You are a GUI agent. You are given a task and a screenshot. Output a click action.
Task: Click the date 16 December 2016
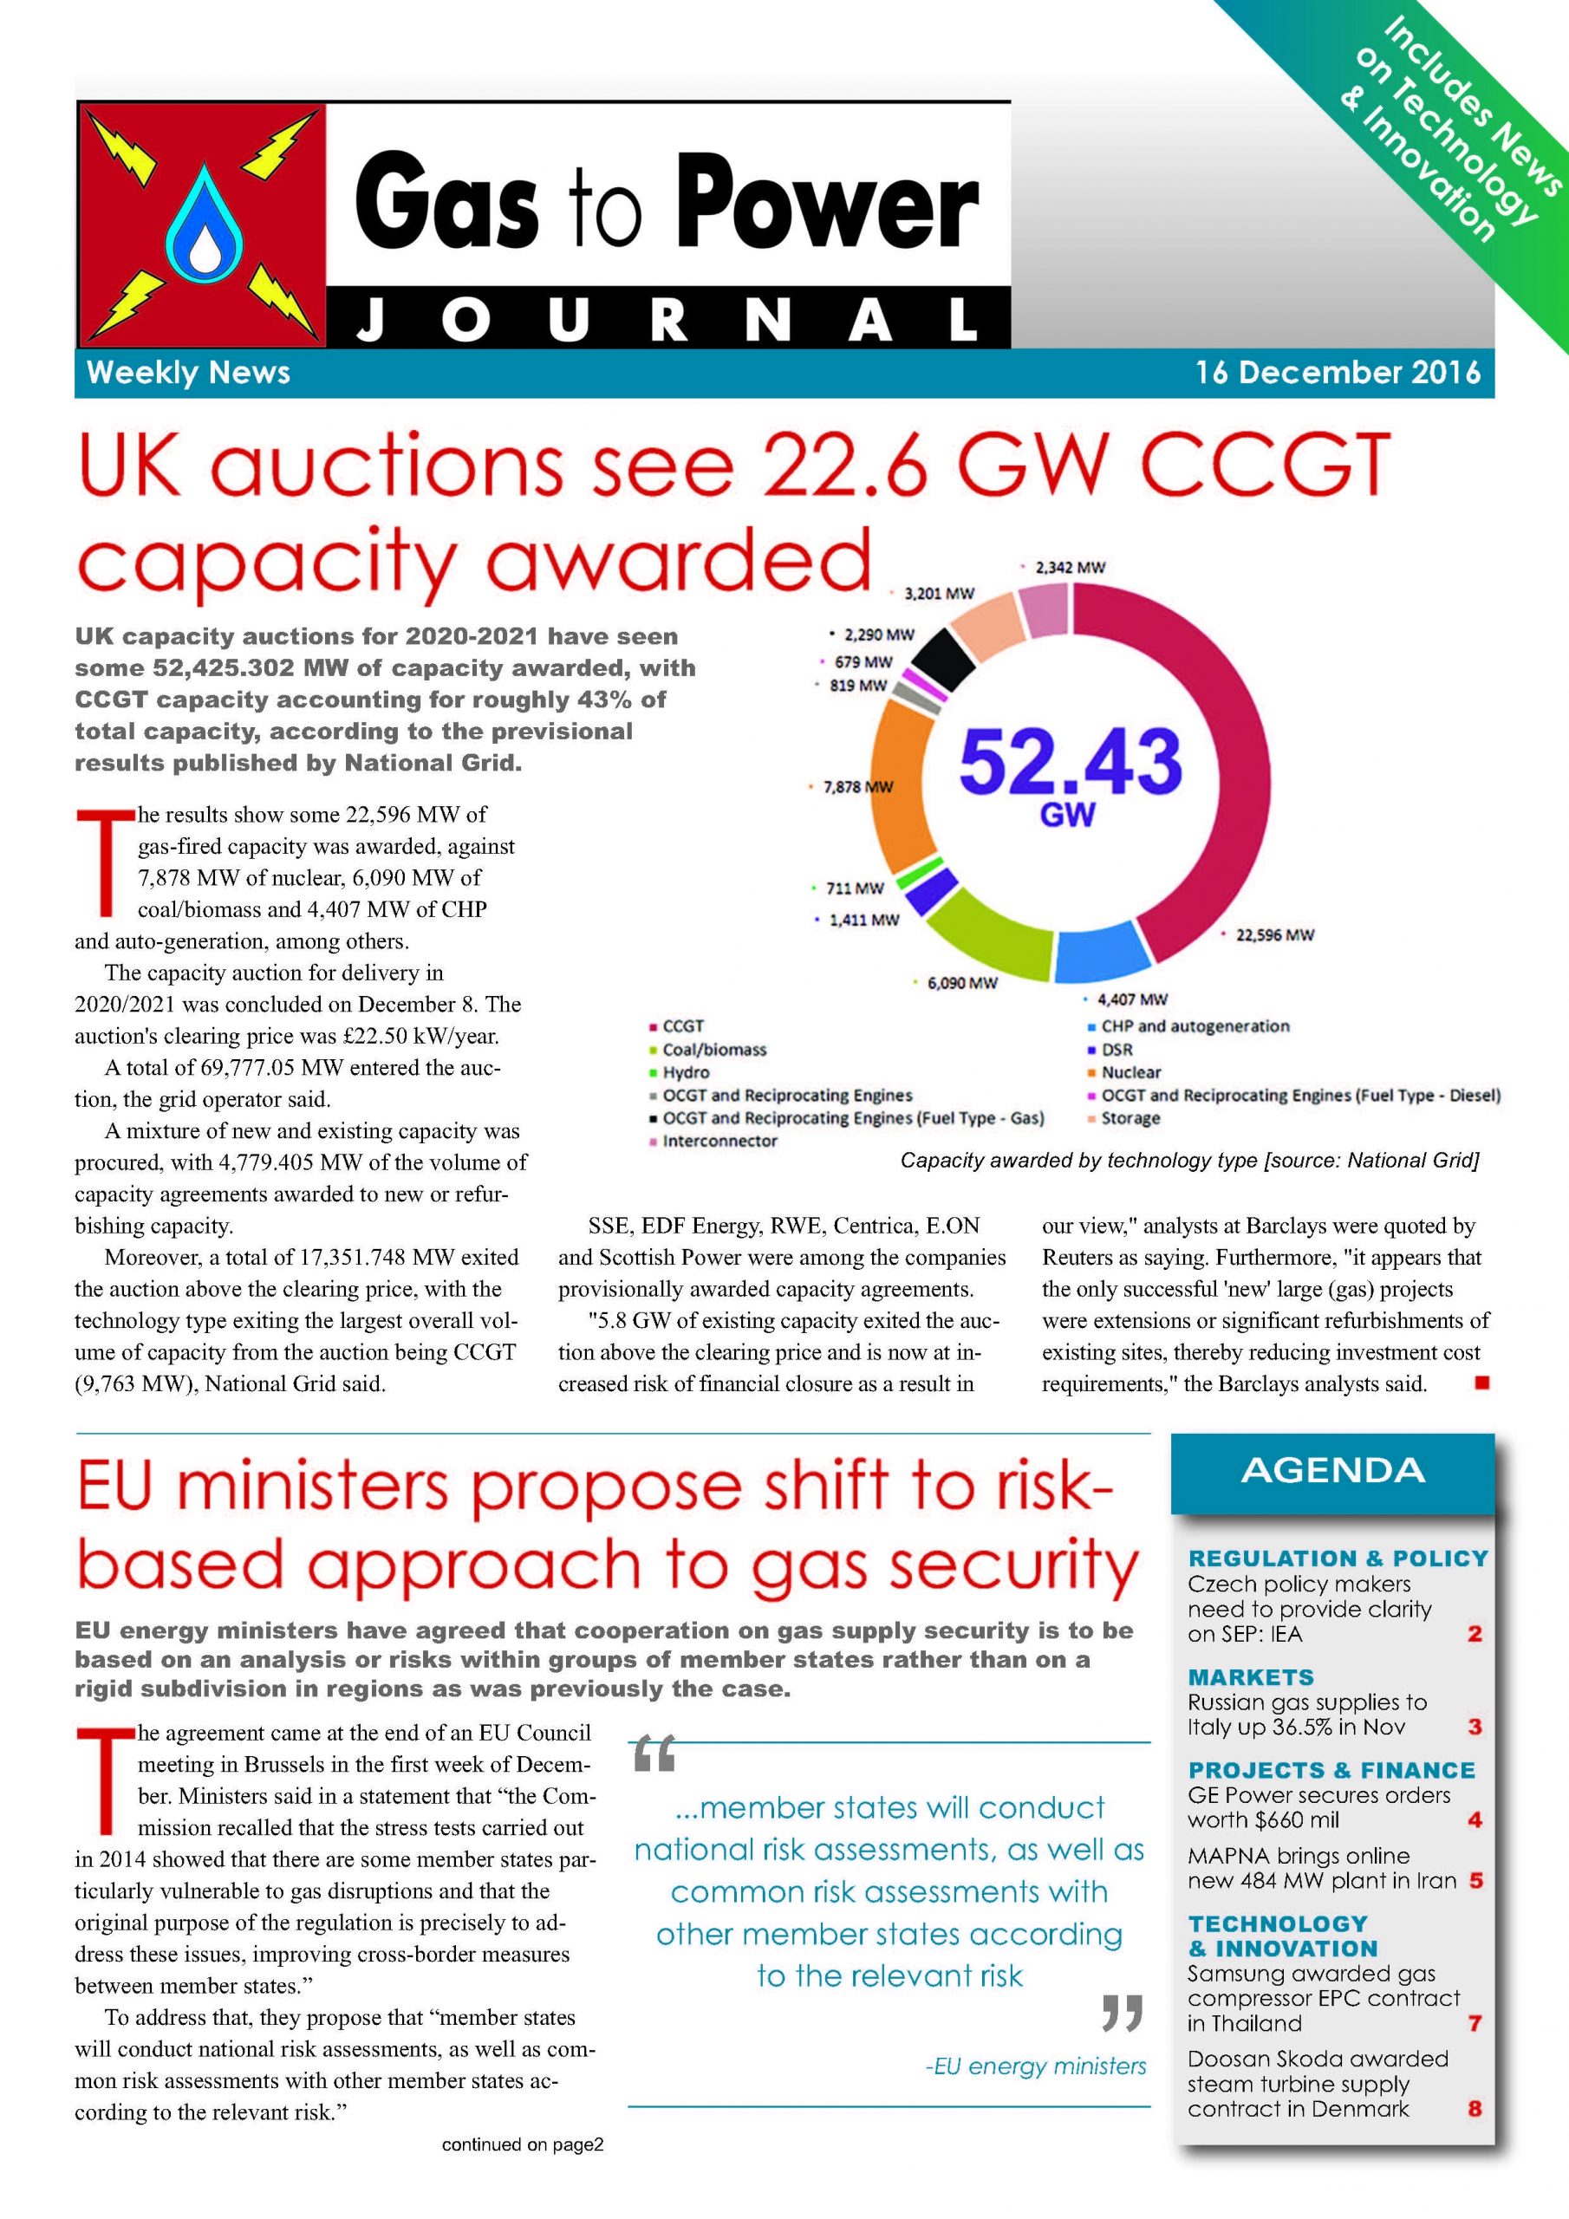[x=1338, y=373]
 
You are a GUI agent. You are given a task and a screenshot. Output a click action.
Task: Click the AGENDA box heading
[x=1332, y=1471]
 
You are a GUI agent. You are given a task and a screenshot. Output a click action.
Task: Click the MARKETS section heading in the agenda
[x=1251, y=1676]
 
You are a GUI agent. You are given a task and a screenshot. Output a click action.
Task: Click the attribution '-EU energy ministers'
[x=1035, y=2066]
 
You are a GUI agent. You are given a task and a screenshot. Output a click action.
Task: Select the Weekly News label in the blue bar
[x=188, y=373]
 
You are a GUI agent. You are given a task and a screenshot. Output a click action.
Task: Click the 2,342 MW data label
[x=1069, y=567]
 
